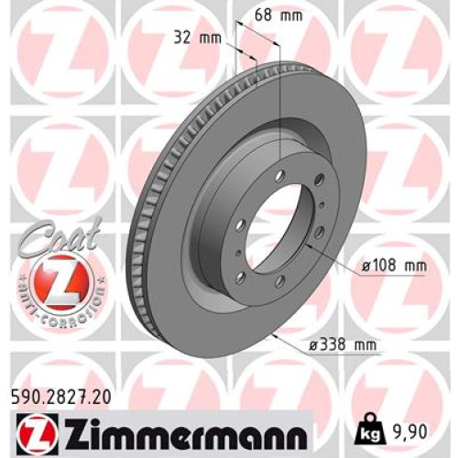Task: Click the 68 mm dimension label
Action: (278, 16)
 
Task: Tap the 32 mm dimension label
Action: (197, 38)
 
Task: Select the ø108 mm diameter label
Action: (394, 267)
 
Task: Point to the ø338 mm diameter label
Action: (343, 345)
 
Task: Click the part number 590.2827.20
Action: (61, 398)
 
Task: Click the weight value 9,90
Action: (409, 432)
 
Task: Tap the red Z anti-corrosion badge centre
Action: (61, 283)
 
